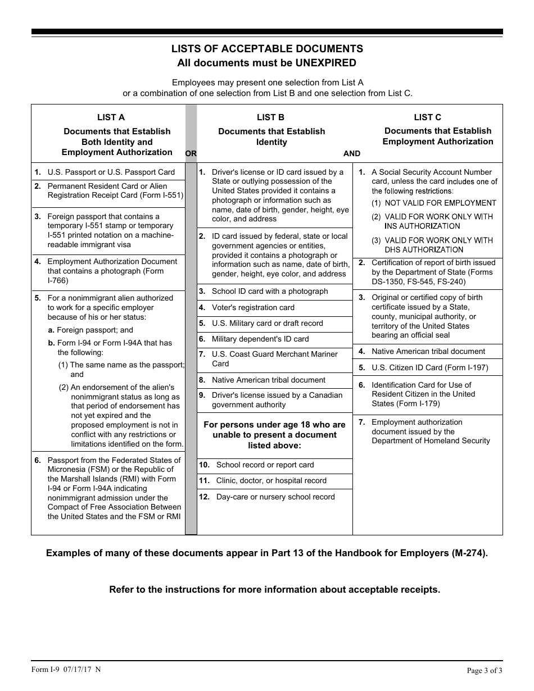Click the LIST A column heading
111,117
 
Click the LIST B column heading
270,117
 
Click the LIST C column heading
427,117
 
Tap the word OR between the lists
191,153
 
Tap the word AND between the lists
352,153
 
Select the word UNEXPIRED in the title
326,63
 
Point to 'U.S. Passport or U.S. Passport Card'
111,172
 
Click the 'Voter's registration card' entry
253,308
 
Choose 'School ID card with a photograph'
270,292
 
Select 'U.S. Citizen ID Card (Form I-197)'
429,368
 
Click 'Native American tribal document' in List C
428,352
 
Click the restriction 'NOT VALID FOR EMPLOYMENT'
440,203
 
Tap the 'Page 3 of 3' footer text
485,670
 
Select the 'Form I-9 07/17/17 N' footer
66,669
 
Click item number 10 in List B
205,465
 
